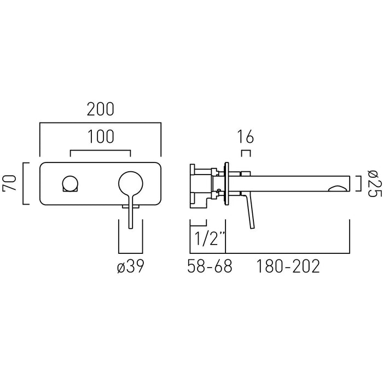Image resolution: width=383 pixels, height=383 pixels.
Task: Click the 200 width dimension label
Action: click(x=100, y=109)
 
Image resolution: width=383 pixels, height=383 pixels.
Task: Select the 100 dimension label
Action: click(x=101, y=137)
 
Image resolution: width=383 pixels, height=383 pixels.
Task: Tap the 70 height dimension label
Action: click(x=9, y=183)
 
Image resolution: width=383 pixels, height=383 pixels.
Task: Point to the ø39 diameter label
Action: click(x=130, y=266)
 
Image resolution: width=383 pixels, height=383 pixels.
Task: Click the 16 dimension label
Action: click(x=246, y=137)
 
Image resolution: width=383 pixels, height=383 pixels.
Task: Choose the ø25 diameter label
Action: click(x=374, y=183)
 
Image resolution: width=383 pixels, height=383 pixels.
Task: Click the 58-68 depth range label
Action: click(x=210, y=266)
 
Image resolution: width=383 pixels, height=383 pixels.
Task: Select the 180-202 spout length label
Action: click(x=288, y=266)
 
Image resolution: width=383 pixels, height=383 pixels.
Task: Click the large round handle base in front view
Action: click(x=130, y=183)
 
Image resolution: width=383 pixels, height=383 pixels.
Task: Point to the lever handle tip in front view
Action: click(x=130, y=228)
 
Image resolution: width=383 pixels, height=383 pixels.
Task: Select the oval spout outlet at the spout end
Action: click(x=338, y=188)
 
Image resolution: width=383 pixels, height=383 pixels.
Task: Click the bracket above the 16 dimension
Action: click(x=246, y=153)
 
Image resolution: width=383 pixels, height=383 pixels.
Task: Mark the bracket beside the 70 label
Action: click(x=26, y=183)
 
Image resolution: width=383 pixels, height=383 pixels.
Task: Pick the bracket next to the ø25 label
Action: click(x=358, y=183)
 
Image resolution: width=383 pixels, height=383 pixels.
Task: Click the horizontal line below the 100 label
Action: click(x=100, y=150)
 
